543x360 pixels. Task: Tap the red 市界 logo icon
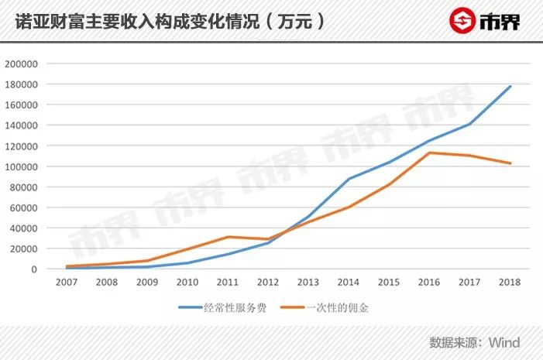463,21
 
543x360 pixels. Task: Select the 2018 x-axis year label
510,283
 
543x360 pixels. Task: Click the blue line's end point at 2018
510,86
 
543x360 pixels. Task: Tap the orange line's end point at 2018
510,163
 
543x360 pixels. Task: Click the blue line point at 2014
349,179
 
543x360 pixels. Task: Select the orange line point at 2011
228,237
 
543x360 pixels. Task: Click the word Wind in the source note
504,342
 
